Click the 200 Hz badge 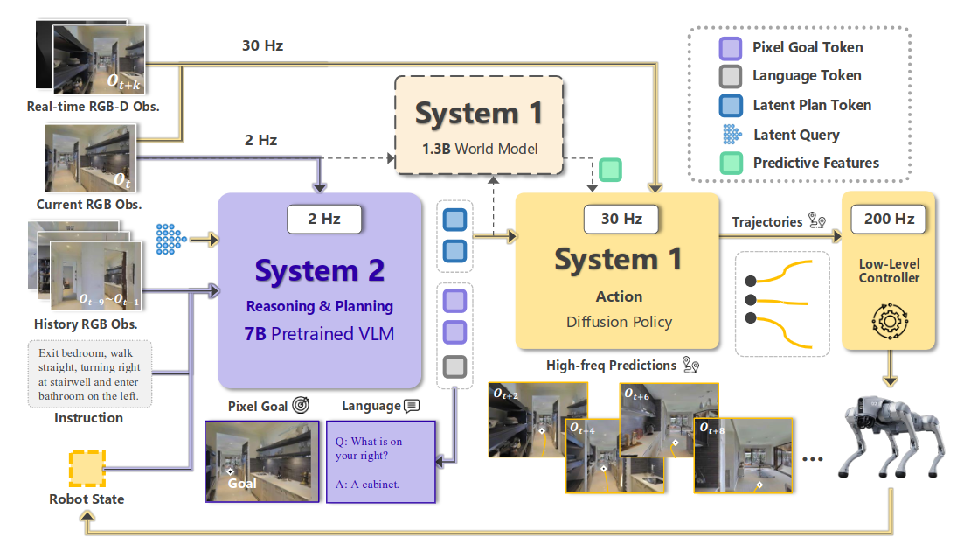coord(889,220)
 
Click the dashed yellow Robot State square coord(87,468)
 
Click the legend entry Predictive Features coord(816,163)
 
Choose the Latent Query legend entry coord(796,135)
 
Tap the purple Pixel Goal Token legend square coord(730,47)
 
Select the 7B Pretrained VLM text coord(319,332)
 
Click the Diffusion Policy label coord(620,322)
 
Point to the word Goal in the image coord(242,483)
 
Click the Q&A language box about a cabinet coord(380,461)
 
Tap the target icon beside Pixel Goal coord(302,406)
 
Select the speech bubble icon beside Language coord(412,406)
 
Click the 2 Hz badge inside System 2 coord(324,219)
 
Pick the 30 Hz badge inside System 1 coord(621,219)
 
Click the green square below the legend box coord(610,170)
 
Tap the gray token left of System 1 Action coord(454,366)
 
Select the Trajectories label coord(766,222)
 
